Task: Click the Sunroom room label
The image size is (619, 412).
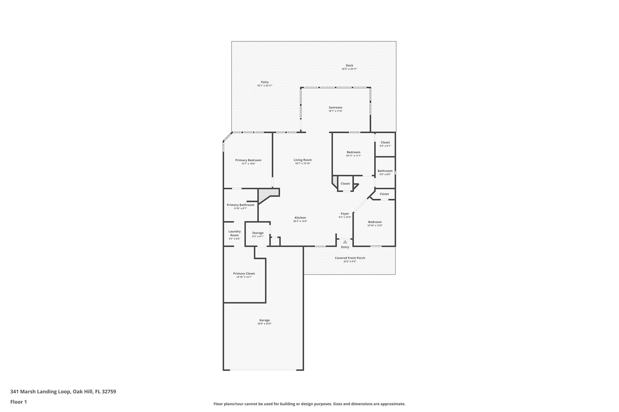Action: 335,107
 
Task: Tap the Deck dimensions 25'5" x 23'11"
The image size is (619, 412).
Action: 349,69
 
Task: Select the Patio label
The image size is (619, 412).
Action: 265,82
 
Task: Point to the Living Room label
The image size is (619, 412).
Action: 303,160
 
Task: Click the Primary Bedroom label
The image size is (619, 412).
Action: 248,160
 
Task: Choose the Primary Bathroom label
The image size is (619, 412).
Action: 241,205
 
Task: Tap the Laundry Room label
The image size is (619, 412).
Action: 235,233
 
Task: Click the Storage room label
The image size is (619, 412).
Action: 258,233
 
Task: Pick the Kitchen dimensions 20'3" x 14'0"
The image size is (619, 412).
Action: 300,221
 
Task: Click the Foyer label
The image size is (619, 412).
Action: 345,214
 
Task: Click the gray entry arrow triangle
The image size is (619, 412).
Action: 345,241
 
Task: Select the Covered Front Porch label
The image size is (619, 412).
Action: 350,258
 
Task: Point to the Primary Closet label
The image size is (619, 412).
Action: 244,274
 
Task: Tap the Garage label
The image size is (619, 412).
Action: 264,320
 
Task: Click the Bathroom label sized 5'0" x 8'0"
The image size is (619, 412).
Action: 385,171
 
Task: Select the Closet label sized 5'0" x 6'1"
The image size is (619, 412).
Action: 385,142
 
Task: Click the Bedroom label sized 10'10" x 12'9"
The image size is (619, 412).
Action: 375,222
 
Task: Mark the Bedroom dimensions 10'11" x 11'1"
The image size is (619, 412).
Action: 353,156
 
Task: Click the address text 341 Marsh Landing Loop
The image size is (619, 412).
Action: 41,392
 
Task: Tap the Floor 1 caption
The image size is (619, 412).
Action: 19,402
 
